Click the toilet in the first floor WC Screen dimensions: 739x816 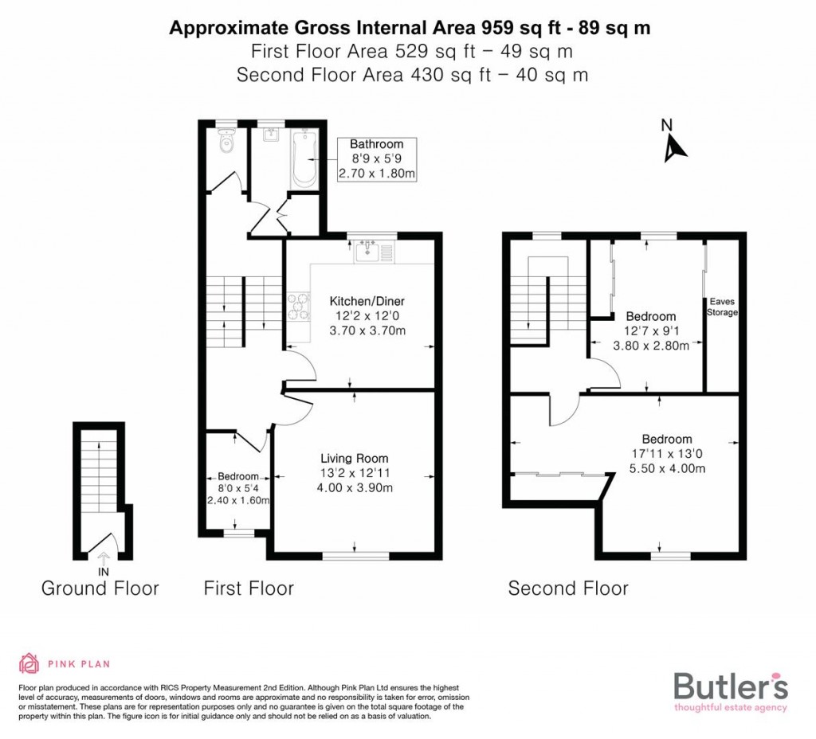tap(227, 144)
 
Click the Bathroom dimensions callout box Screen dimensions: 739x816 tap(377, 158)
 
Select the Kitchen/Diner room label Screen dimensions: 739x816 tap(367, 301)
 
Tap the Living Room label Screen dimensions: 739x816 tap(355, 458)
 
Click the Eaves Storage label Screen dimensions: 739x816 tap(722, 307)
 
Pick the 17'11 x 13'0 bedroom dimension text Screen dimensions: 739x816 tap(667, 454)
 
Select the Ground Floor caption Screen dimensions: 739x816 tap(100, 588)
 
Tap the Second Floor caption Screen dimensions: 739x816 tap(568, 588)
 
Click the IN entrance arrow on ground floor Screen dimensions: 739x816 tap(103, 562)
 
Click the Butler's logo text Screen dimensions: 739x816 tap(731, 686)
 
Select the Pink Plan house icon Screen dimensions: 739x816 tap(29, 663)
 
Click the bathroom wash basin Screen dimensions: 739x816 tap(269, 135)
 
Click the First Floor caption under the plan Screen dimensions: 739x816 tap(249, 588)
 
